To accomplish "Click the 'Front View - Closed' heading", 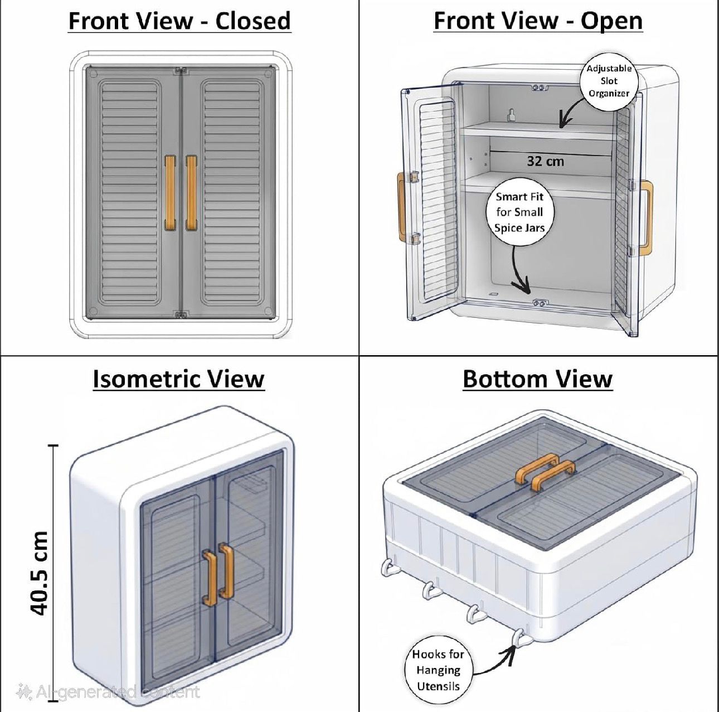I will coord(179,21).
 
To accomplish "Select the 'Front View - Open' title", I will coord(538,21).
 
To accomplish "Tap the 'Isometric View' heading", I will coord(178,379).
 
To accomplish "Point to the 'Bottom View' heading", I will coord(537,379).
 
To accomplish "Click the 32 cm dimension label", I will coord(545,161).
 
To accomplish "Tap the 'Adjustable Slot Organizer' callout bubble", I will coord(609,81).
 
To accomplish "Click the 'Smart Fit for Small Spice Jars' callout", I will coord(519,212).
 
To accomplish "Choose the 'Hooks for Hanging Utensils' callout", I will coord(438,670).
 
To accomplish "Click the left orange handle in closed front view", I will coord(170,193).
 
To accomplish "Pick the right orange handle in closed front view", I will coord(191,193).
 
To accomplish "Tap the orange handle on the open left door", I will coord(401,207).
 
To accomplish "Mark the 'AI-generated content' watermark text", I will coord(108,692).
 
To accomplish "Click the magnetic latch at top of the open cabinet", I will coord(539,88).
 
